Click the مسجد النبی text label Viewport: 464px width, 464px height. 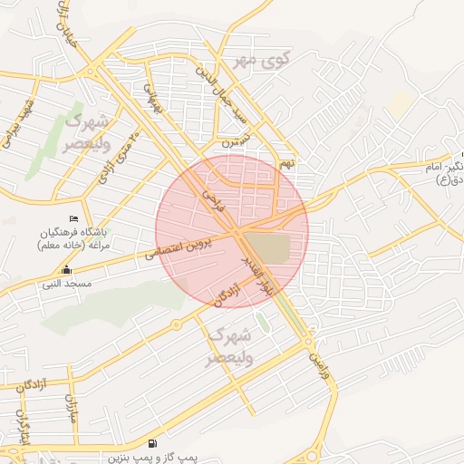pyautogui.click(x=65, y=284)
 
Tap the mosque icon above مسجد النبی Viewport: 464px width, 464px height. pyautogui.click(x=65, y=270)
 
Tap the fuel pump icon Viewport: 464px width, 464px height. pyautogui.click(x=150, y=444)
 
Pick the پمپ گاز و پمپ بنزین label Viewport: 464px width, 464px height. pyautogui.click(x=155, y=458)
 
